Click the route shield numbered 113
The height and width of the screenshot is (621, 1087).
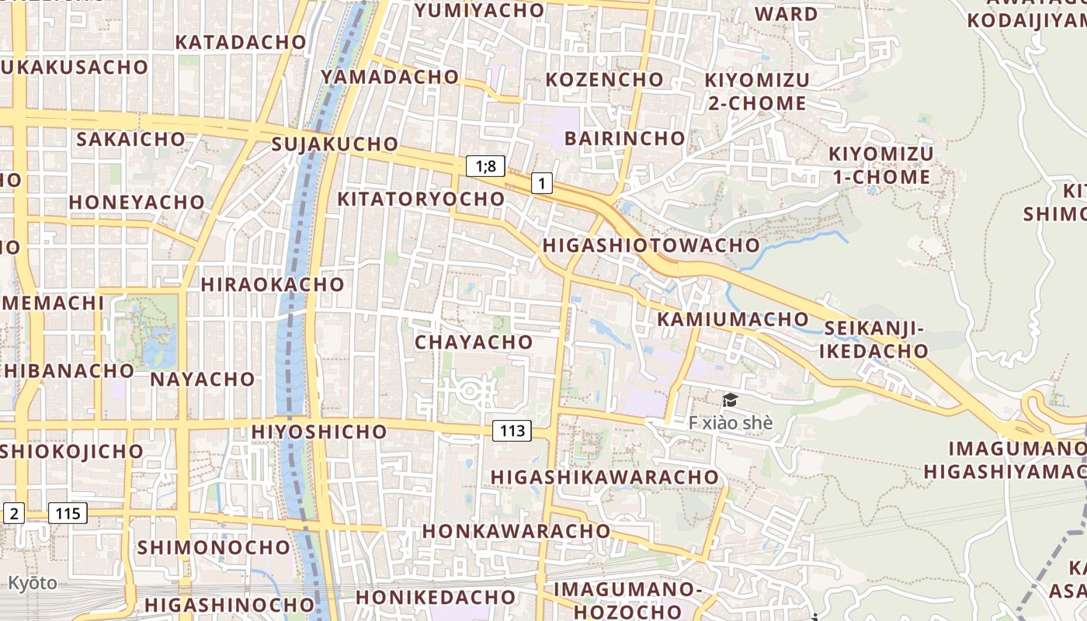click(512, 431)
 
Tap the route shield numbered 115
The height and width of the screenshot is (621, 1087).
click(68, 513)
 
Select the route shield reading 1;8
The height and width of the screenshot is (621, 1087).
click(486, 165)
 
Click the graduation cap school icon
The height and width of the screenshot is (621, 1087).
click(730, 401)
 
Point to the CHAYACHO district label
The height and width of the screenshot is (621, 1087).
click(474, 342)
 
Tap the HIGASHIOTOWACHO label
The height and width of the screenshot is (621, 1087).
click(651, 245)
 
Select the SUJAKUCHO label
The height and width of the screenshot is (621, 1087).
click(335, 144)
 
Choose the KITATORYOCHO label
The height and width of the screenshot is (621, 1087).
click(421, 199)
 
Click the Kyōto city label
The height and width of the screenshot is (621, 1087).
click(33, 583)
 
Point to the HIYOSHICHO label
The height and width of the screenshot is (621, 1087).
click(319, 432)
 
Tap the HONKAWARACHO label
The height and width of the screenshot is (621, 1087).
click(516, 531)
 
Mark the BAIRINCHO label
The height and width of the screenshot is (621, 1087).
click(625, 139)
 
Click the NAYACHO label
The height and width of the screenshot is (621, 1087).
click(202, 379)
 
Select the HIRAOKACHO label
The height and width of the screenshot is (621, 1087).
click(273, 284)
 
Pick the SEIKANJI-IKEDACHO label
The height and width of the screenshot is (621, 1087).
click(875, 340)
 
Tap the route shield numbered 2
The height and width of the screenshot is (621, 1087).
click(14, 513)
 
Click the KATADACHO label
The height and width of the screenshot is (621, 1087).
click(241, 42)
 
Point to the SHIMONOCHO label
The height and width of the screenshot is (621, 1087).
click(214, 547)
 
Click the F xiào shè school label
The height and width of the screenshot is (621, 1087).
click(731, 423)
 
